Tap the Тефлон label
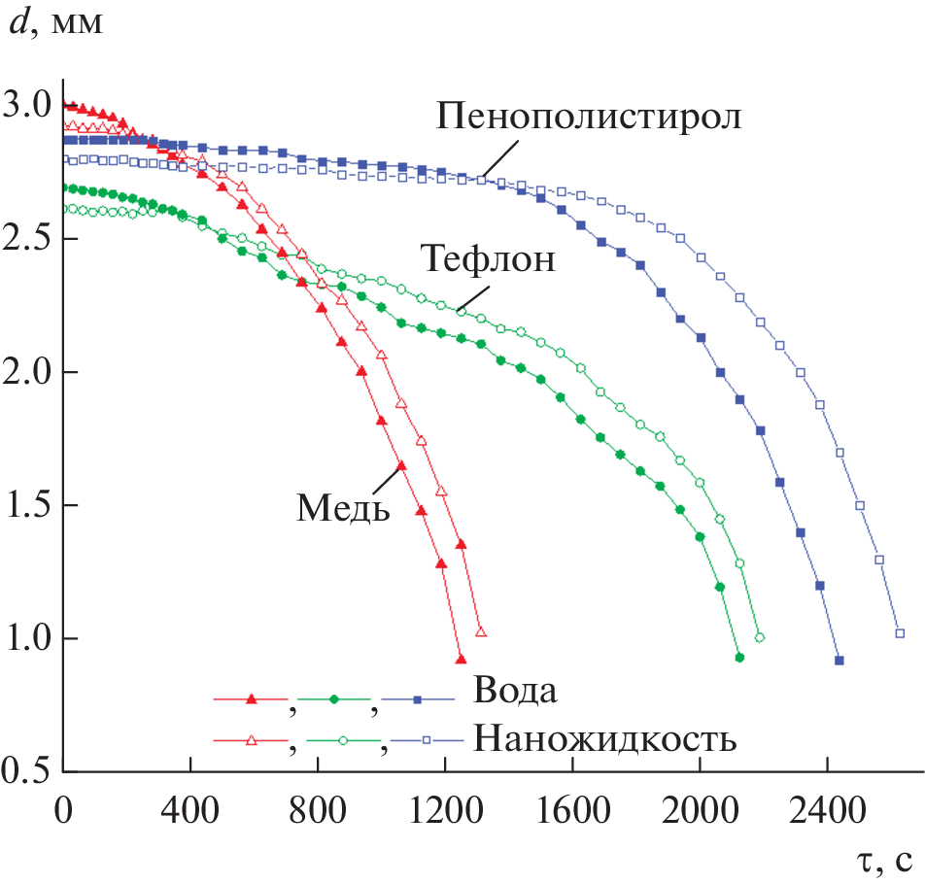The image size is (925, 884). pos(489,260)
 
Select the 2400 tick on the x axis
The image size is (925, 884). pos(826,809)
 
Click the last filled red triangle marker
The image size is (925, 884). pos(461,660)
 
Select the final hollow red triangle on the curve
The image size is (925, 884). pos(480,632)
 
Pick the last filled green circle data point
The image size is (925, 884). pos(739,658)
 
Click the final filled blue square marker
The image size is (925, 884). pos(839,661)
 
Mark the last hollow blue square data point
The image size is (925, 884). pos(900,633)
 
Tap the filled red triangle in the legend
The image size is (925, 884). pos(252,698)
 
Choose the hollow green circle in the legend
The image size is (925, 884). pos(343,740)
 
